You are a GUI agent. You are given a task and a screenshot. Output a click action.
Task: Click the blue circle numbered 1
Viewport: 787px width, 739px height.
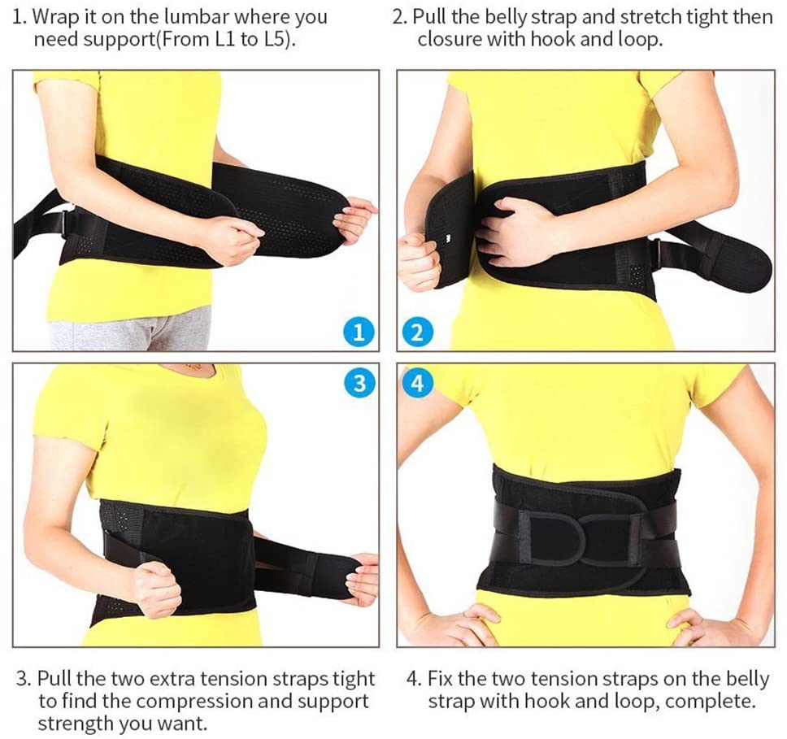359,333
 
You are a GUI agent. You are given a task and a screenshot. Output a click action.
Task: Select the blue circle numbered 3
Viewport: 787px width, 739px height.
359,383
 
